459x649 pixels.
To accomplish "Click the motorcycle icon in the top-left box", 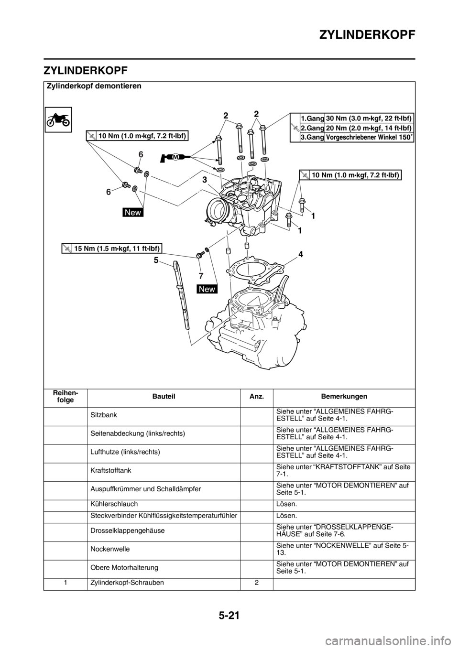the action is point(58,119).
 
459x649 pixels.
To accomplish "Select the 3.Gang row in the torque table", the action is point(352,137).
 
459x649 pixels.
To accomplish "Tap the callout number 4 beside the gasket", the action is point(301,254).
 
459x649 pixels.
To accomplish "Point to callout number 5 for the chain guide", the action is point(156,260).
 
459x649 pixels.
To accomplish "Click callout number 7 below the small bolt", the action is point(201,276).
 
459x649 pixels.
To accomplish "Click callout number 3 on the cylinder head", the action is point(205,180).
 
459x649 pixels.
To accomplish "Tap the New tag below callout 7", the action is point(207,289).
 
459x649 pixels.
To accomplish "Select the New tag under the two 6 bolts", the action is point(133,212).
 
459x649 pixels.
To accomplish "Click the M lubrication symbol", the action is point(175,157).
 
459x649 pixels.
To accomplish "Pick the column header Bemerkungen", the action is point(344,396).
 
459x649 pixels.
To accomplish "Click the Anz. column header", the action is point(256,396).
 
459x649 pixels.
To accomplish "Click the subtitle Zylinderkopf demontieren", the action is point(94,86).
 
